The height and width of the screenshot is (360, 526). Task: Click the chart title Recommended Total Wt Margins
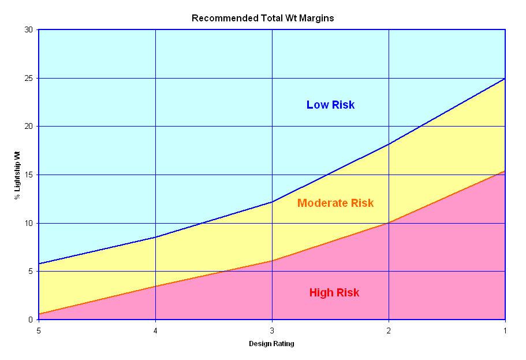(x=263, y=18)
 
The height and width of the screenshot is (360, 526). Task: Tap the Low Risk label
(x=330, y=105)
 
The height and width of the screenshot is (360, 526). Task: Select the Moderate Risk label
(x=335, y=203)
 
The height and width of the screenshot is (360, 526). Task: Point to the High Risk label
(x=334, y=293)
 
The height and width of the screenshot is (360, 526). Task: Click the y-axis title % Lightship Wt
(x=17, y=175)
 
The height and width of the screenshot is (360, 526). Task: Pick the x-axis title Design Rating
(x=271, y=344)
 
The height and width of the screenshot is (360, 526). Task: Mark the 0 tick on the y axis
(x=31, y=320)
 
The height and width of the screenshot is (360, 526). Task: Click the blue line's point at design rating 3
(x=272, y=202)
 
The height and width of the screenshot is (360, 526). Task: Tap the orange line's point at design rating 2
(x=389, y=222)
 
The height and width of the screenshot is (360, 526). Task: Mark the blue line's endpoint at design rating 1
(x=505, y=78)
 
